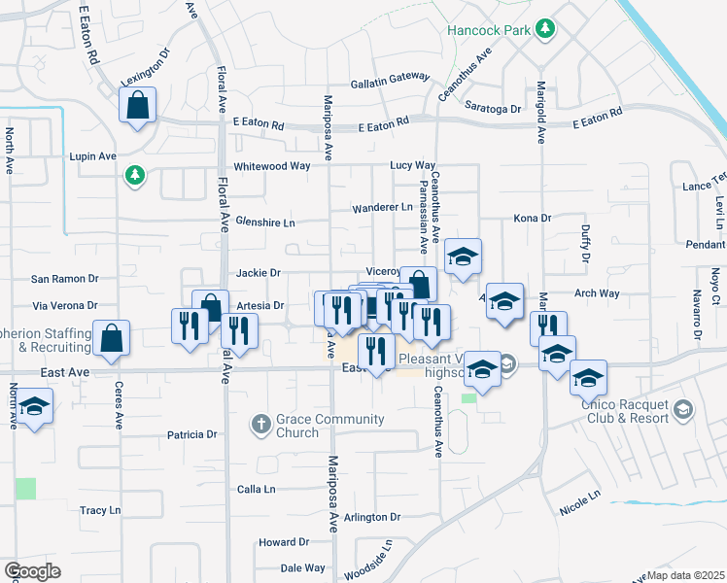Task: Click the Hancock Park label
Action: pyautogui.click(x=489, y=30)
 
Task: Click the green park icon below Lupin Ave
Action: pyautogui.click(x=134, y=175)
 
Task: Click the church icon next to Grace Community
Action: pyautogui.click(x=260, y=425)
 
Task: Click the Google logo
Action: pyautogui.click(x=32, y=571)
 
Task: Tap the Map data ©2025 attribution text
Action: pyautogui.click(x=686, y=575)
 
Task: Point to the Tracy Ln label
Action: pyautogui.click(x=100, y=510)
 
